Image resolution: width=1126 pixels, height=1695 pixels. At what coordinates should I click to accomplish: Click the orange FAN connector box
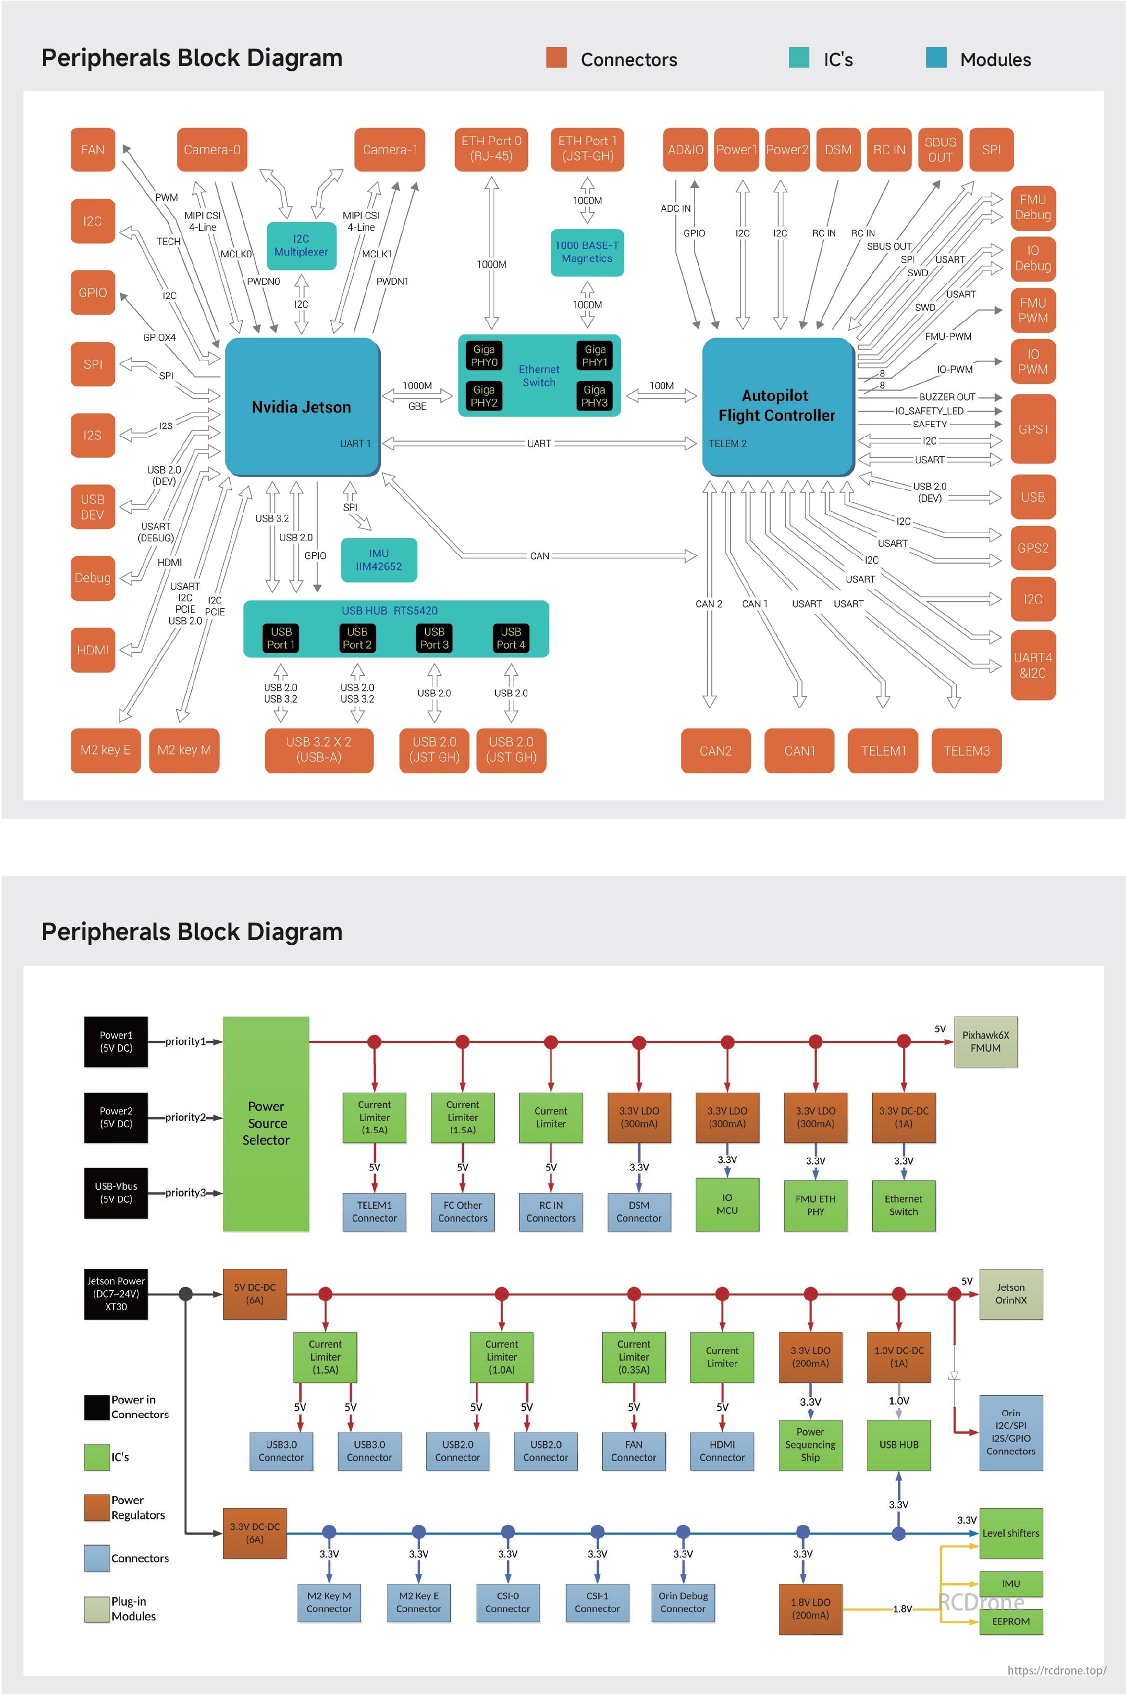pyautogui.click(x=93, y=149)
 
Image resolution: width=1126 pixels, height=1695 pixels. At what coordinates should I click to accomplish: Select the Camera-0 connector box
pyautogui.click(x=212, y=149)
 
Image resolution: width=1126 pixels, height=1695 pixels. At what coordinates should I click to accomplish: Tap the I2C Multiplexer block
pyautogui.click(x=301, y=246)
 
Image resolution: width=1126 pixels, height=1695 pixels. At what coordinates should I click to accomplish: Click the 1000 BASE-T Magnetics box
pyautogui.click(x=587, y=252)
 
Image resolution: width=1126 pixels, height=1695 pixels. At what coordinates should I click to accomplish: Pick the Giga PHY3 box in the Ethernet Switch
pyautogui.click(x=594, y=396)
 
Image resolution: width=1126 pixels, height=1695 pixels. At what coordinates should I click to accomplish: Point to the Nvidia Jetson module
pyautogui.click(x=301, y=406)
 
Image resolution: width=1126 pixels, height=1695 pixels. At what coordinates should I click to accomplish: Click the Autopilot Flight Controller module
pyautogui.click(x=777, y=406)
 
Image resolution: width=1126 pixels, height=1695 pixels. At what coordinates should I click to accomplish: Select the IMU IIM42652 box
pyautogui.click(x=378, y=559)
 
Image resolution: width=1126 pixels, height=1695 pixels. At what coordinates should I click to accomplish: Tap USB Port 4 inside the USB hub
pyautogui.click(x=511, y=638)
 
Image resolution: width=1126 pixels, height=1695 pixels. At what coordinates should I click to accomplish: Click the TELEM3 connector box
pyautogui.click(x=966, y=751)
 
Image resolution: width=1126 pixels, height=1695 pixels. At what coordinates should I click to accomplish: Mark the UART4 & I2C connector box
pyautogui.click(x=1033, y=665)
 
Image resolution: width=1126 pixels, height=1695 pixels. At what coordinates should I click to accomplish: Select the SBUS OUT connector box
pyautogui.click(x=940, y=149)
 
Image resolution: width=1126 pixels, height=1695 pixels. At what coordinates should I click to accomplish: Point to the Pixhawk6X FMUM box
pyautogui.click(x=986, y=1041)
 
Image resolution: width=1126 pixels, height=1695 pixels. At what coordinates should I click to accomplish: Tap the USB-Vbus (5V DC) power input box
pyautogui.click(x=116, y=1192)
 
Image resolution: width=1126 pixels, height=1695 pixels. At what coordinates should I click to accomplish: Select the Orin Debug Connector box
pyautogui.click(x=683, y=1602)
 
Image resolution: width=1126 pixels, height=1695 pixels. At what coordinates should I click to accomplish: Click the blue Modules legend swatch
pyautogui.click(x=936, y=58)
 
